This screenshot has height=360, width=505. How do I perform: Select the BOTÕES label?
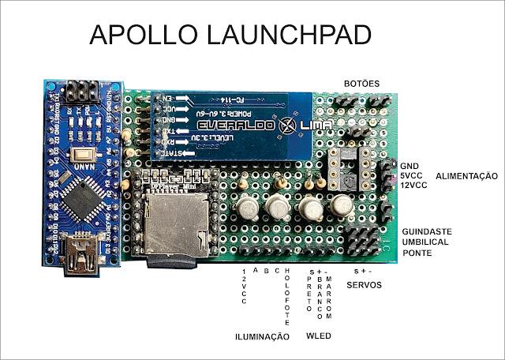point(361,84)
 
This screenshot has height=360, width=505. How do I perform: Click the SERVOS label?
point(365,284)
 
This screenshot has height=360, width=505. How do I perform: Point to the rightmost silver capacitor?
point(340,207)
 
